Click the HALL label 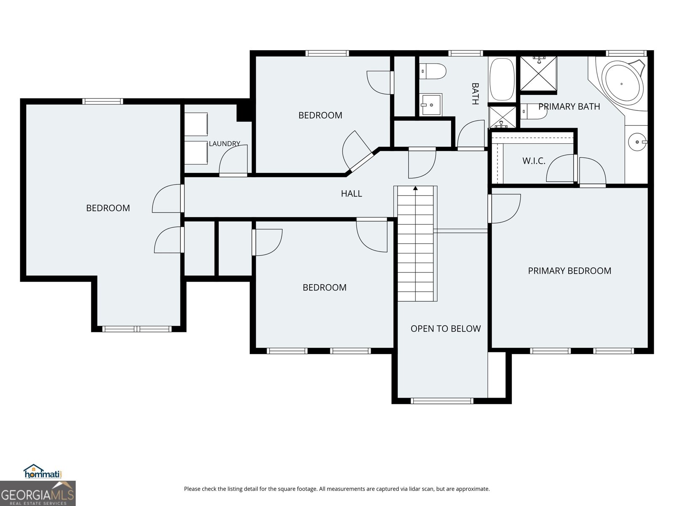click(351, 194)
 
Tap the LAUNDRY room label click(225, 143)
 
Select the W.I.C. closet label click(534, 161)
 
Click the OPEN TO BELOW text click(446, 329)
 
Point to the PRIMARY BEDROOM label click(570, 271)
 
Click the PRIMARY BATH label click(569, 107)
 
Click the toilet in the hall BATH click(433, 71)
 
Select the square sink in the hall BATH click(431, 105)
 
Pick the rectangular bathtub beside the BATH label click(502, 79)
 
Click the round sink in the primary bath click(638, 142)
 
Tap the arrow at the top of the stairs click(415, 188)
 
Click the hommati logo click(43, 471)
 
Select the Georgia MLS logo click(38, 493)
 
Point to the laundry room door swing click(233, 160)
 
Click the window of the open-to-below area click(442, 401)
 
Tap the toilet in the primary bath click(534, 111)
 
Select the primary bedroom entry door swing click(505, 208)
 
